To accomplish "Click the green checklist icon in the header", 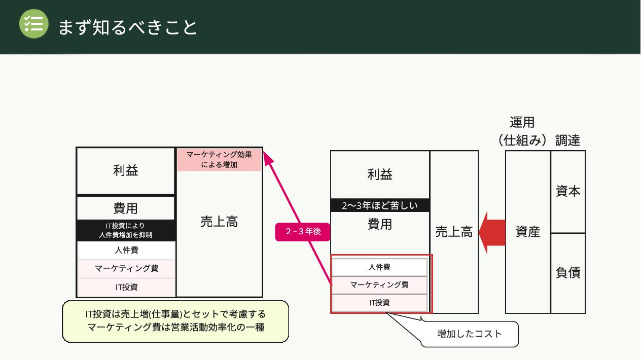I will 33,24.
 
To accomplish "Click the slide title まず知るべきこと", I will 127,27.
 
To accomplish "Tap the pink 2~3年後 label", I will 303,232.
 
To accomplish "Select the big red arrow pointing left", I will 492,232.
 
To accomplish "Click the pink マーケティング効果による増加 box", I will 219,160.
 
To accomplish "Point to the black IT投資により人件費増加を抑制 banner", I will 126,230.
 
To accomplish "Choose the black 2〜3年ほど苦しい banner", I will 380,205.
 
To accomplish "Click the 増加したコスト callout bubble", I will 469,334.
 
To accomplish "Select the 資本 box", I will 568,192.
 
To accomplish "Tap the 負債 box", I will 568,273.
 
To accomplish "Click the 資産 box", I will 528,232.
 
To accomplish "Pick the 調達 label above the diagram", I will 567,140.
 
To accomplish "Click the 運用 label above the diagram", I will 522,122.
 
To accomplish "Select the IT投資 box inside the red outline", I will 379,303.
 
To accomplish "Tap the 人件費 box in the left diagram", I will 126,250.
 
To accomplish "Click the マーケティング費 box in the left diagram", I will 126,268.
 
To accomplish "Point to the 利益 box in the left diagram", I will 126,170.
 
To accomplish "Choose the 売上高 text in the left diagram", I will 219,222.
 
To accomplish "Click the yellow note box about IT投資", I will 175,321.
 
